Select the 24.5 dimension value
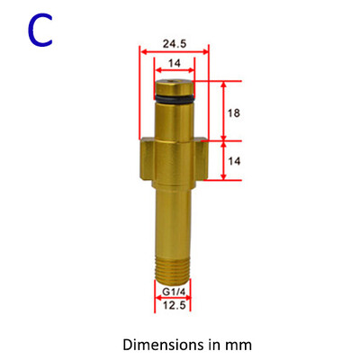pos(174,42)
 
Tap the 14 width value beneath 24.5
pos(173,64)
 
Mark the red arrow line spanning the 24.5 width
pos(174,52)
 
